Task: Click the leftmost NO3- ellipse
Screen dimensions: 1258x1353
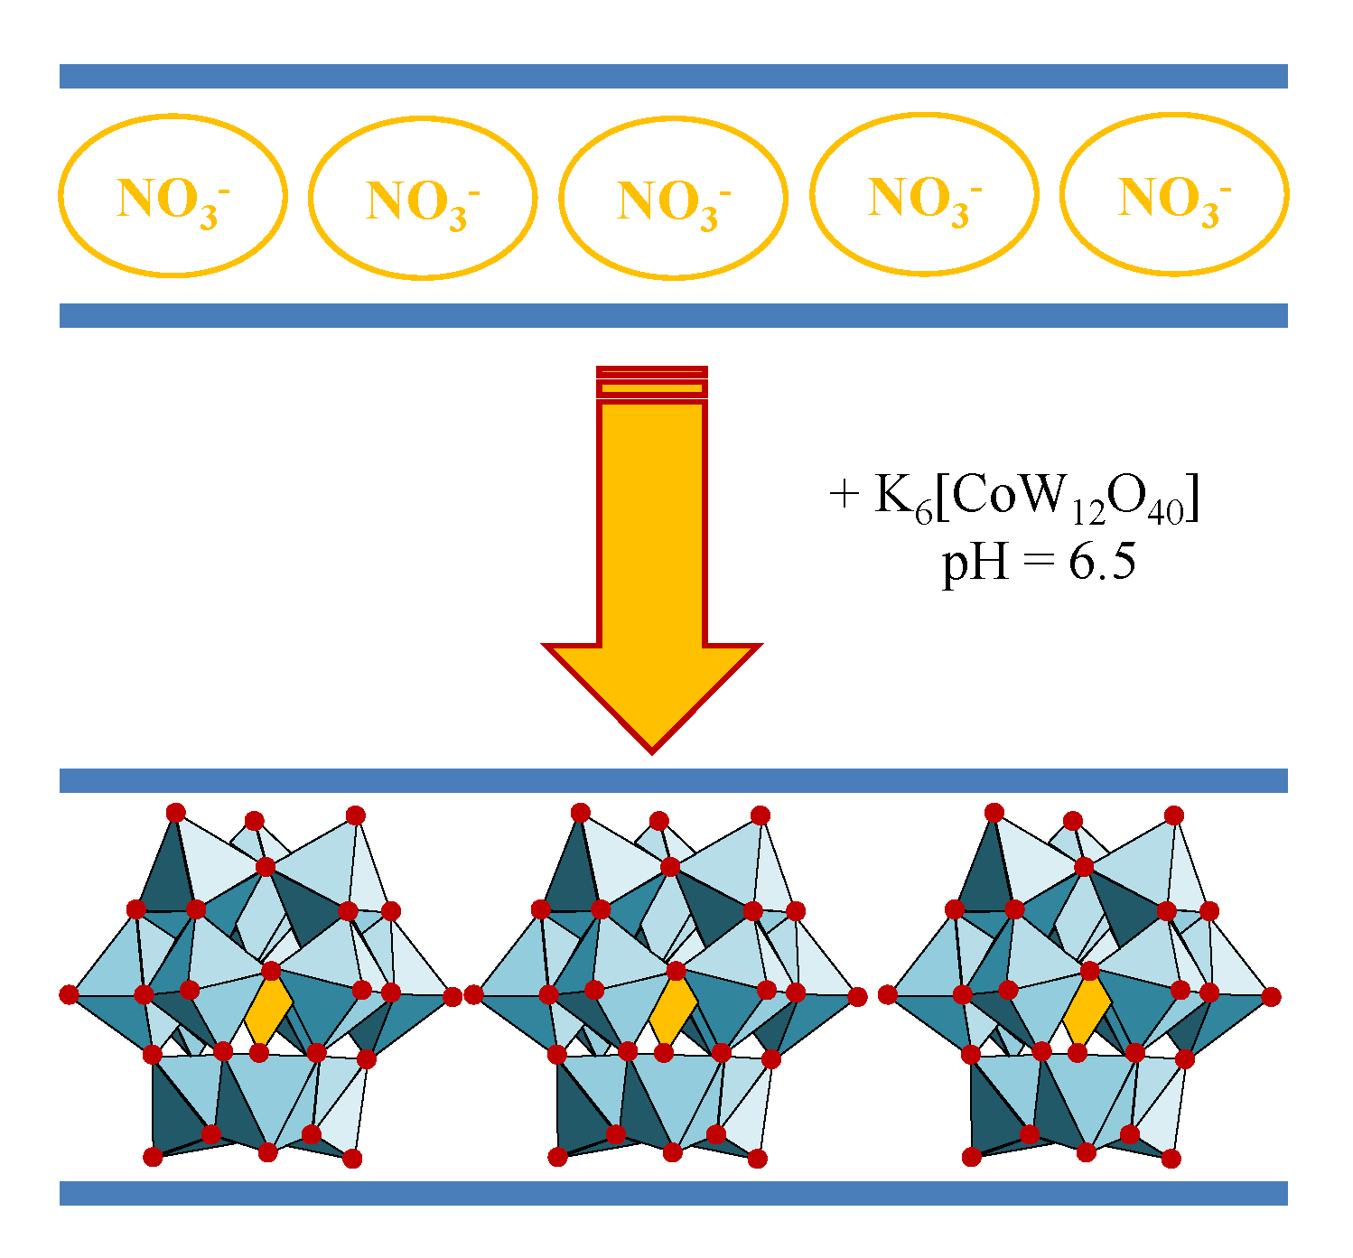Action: tap(173, 195)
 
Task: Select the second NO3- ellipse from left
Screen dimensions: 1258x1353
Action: tap(423, 198)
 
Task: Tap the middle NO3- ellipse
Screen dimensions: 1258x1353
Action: tap(673, 198)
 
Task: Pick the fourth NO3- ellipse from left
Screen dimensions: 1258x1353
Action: tap(924, 194)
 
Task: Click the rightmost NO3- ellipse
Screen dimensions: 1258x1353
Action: tap(1174, 194)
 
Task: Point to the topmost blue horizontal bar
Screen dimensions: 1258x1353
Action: tap(673, 76)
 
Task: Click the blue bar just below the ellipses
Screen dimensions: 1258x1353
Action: tap(673, 315)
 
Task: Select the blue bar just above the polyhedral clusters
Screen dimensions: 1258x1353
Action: tap(673, 780)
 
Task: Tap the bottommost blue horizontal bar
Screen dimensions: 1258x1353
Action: tap(673, 1193)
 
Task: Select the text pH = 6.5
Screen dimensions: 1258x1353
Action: tap(1039, 564)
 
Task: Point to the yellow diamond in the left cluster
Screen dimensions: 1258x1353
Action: tap(268, 1011)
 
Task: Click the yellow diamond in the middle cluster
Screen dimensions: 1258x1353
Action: tap(673, 1011)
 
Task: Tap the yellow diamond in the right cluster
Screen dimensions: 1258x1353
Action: tap(1087, 1011)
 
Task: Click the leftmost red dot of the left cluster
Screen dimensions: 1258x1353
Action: tap(69, 995)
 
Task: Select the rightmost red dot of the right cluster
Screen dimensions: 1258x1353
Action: tap(1272, 997)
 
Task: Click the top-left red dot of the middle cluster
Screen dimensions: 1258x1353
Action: tap(581, 813)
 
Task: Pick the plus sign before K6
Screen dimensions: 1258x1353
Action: tap(843, 495)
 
